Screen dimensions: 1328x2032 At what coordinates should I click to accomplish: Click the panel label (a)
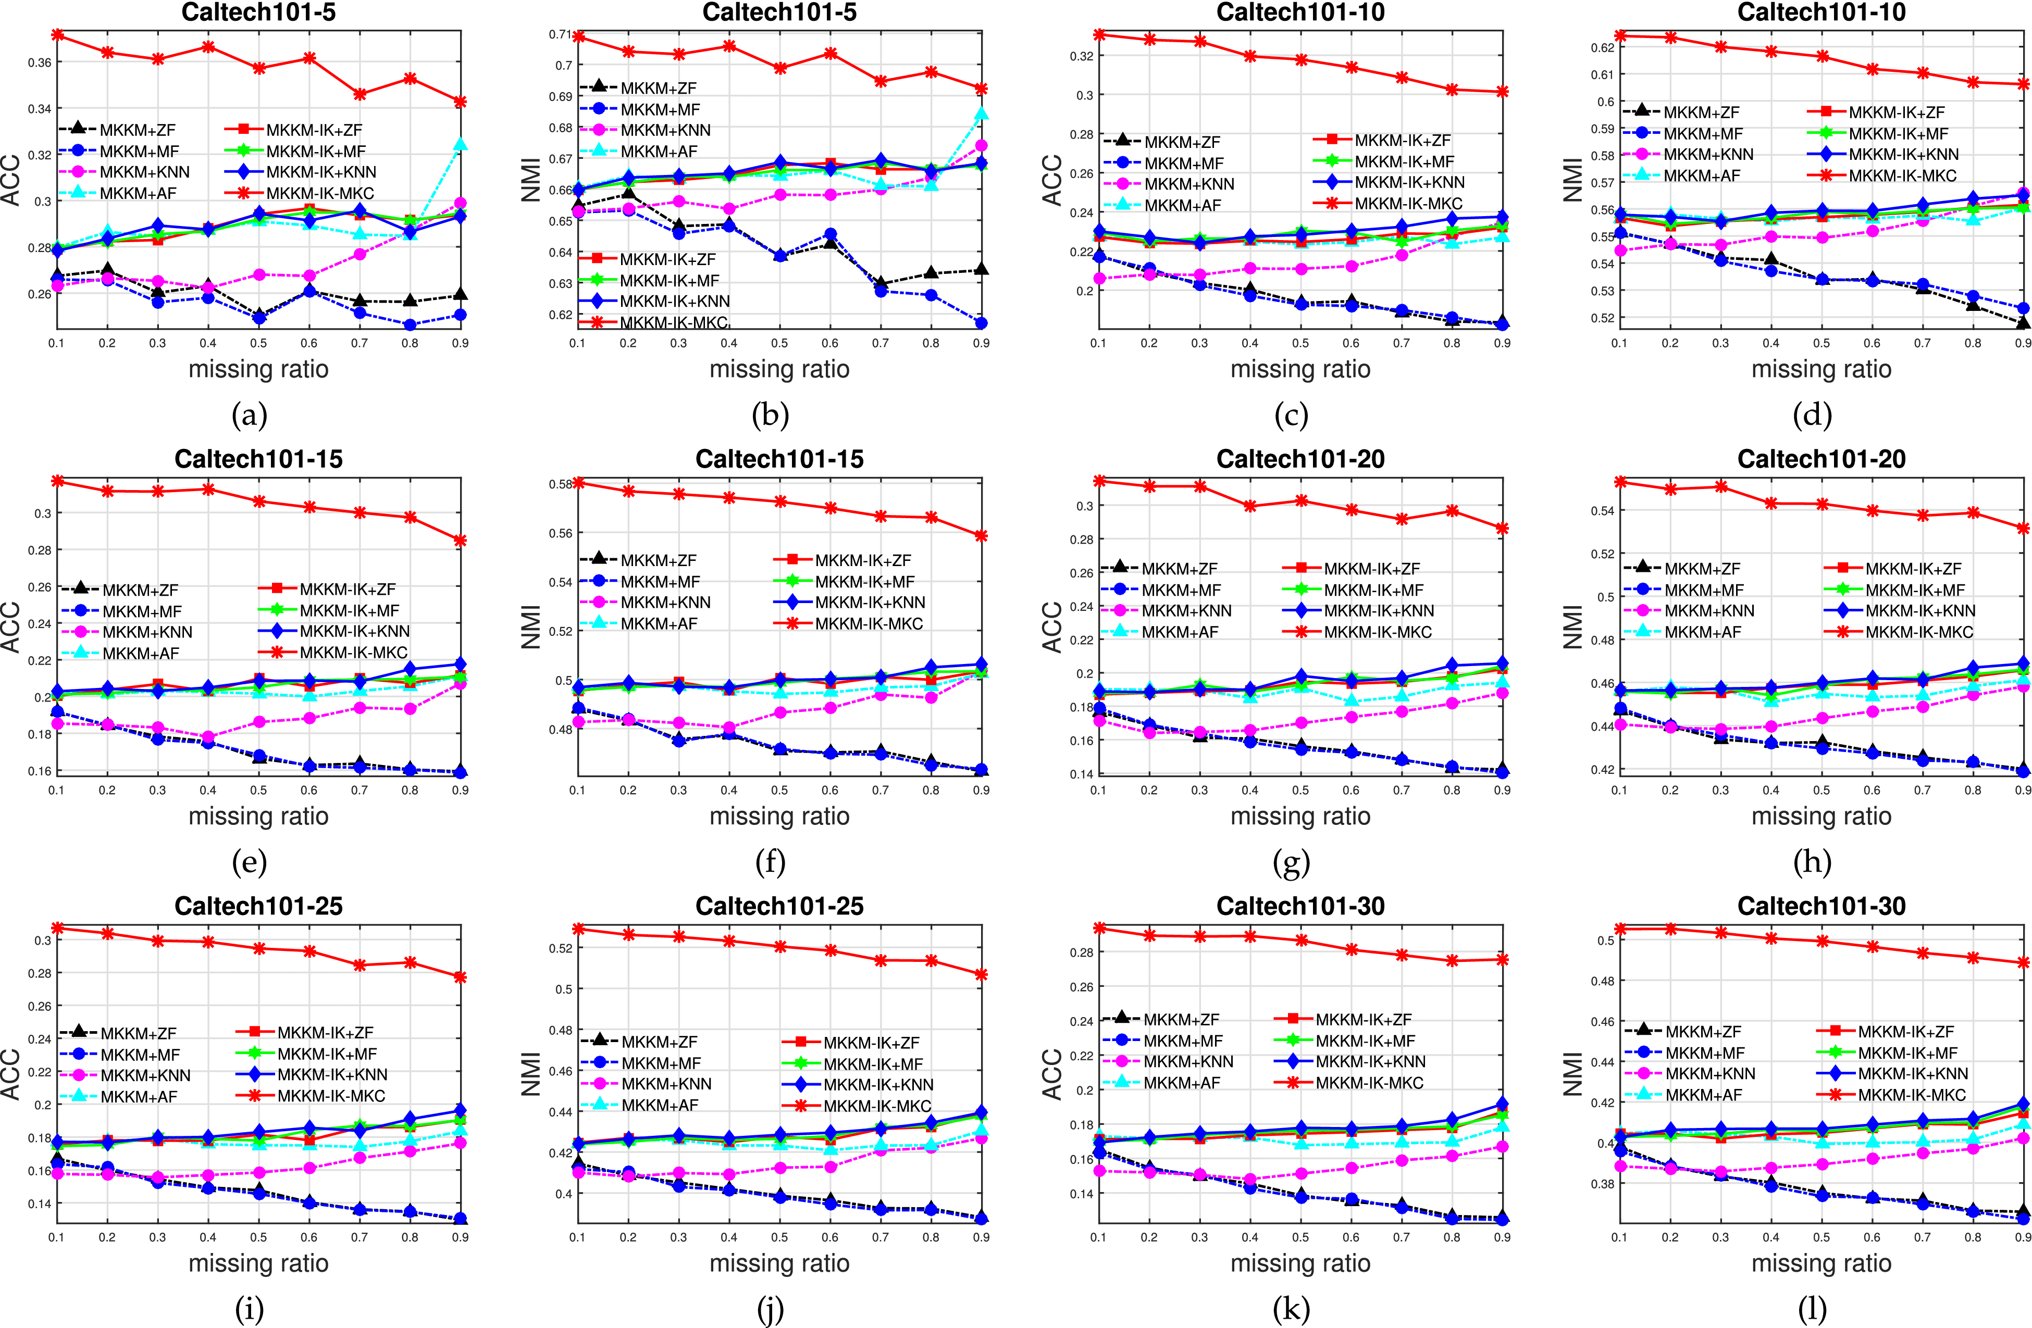pyautogui.click(x=249, y=416)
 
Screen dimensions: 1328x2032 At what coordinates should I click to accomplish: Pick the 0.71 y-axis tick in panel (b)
pyautogui.click(x=561, y=34)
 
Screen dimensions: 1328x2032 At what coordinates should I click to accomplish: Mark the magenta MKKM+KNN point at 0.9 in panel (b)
pyautogui.click(x=982, y=146)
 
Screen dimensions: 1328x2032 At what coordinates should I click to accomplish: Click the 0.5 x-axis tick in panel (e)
pyautogui.click(x=259, y=791)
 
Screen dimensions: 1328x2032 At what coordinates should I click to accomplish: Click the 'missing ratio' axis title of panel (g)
pyautogui.click(x=1300, y=816)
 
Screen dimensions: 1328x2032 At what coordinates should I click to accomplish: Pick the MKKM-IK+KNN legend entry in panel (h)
pyautogui.click(x=1919, y=611)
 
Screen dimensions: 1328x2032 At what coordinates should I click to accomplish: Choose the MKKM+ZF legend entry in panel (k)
pyautogui.click(x=1181, y=1020)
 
